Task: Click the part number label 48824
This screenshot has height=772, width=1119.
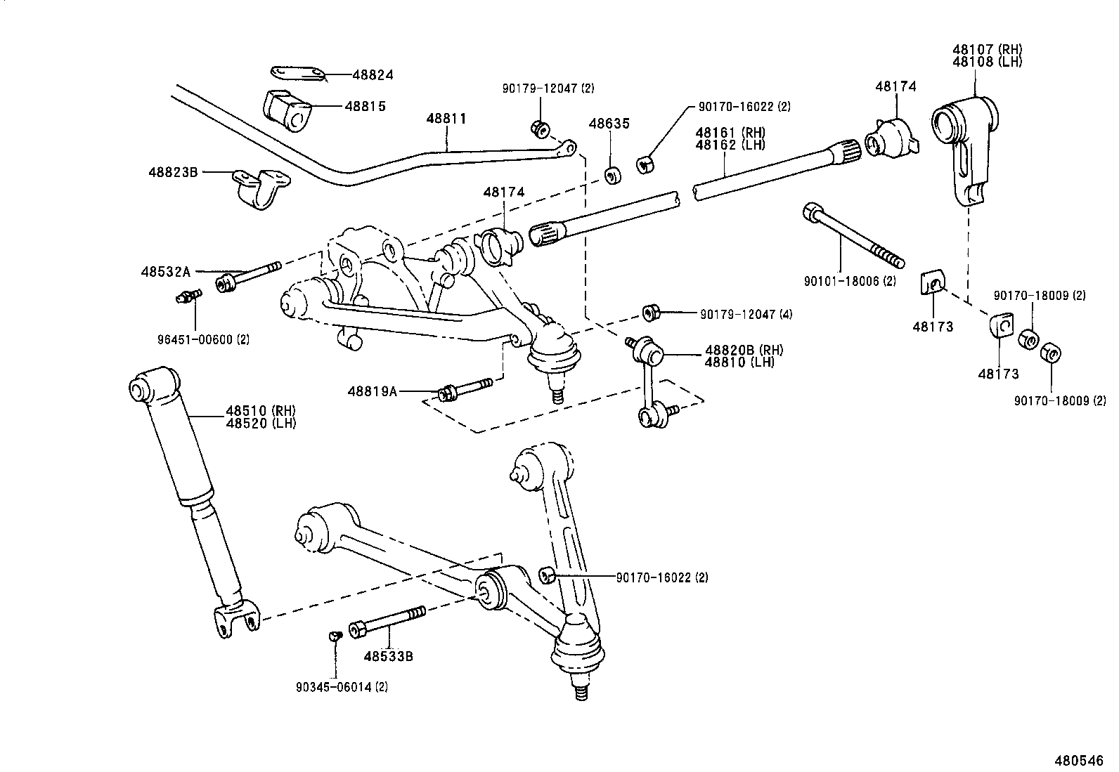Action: (373, 75)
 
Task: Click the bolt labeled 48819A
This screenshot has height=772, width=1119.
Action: (465, 388)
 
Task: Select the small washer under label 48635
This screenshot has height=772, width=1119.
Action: (613, 175)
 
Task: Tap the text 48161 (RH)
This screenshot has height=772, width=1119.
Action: (730, 133)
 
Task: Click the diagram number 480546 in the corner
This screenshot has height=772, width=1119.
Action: (1078, 761)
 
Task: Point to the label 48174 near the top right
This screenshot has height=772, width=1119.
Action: (895, 86)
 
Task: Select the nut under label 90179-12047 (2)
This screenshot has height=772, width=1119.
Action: (540, 129)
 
